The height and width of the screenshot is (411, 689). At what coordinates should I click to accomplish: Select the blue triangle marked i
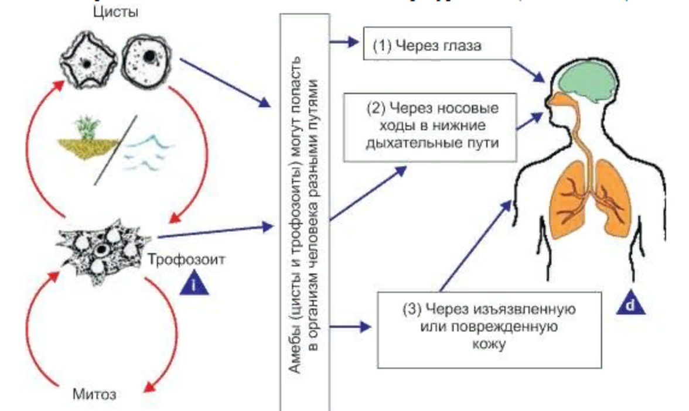(x=194, y=283)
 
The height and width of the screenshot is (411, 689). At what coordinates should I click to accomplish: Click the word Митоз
(x=94, y=393)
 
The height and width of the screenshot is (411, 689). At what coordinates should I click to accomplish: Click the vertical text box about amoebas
(x=305, y=211)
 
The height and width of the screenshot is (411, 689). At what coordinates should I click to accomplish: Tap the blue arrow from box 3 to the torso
(x=473, y=246)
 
